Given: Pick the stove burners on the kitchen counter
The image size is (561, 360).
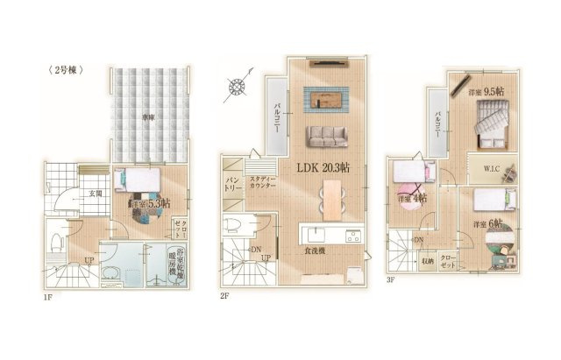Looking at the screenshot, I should [352, 234].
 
